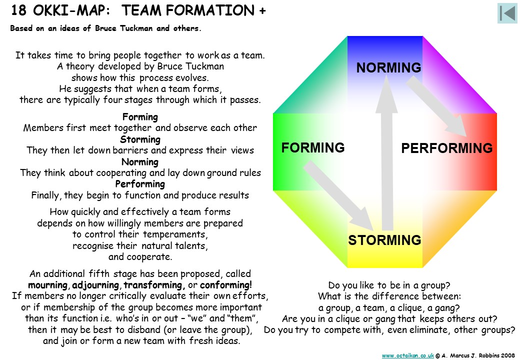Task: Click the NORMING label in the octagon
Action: point(388,67)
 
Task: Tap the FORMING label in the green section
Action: point(313,147)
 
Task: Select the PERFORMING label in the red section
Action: point(446,148)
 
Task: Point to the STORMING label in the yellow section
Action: point(384,240)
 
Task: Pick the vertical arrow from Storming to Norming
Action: point(386,152)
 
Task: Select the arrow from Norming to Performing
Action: point(436,106)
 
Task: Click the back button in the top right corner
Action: point(507,13)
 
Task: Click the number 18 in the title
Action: point(18,10)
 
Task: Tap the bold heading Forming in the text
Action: point(140,117)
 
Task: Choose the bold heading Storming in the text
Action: point(140,139)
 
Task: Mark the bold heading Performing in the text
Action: point(140,184)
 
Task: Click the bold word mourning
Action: point(48,285)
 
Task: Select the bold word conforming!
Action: point(226,285)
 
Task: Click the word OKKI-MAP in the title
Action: point(71,10)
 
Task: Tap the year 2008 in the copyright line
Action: point(508,355)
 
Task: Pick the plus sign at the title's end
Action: point(262,11)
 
